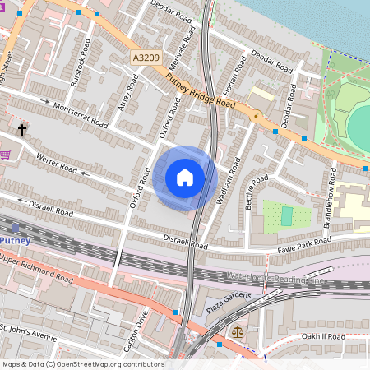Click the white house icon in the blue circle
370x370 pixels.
tap(185, 178)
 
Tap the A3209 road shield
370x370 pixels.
tap(143, 58)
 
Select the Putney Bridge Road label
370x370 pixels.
tap(201, 94)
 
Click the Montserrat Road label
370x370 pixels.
tap(80, 114)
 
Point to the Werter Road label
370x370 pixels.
tap(55, 163)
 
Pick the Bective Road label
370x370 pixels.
tap(257, 192)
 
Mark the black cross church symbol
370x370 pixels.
tap(22, 129)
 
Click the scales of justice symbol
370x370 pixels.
tap(238, 334)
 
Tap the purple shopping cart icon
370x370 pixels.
tap(5, 154)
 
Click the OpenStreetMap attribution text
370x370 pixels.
tap(82, 364)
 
